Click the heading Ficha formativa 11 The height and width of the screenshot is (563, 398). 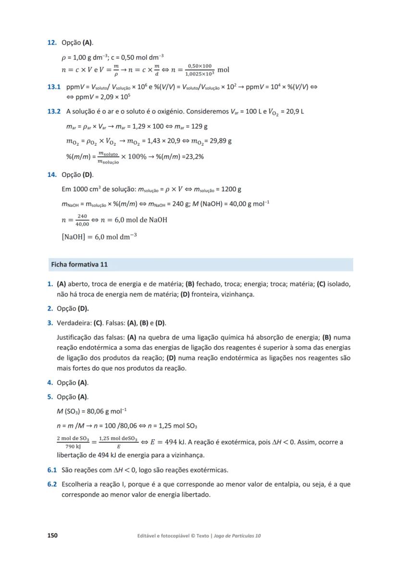[x=79, y=264]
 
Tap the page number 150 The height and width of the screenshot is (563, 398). [x=52, y=536]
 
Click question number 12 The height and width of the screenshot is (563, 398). [x=51, y=43]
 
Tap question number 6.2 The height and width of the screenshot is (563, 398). [x=52, y=484]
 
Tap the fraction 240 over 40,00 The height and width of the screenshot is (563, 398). [x=82, y=220]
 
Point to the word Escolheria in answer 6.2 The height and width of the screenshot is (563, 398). [x=77, y=484]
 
